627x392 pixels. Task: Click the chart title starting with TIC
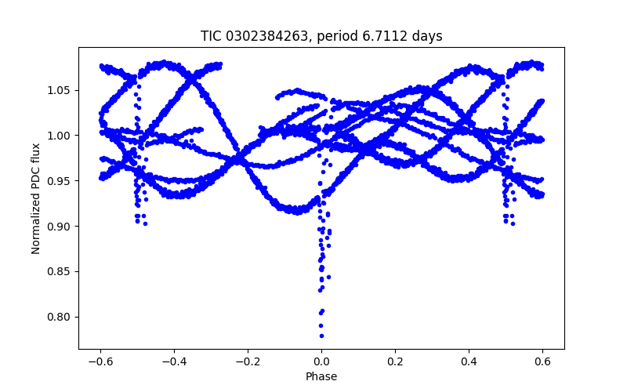pos(321,36)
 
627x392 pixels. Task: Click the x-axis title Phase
pos(321,376)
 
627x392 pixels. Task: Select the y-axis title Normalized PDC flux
pos(36,198)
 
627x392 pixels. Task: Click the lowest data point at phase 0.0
pos(321,336)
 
